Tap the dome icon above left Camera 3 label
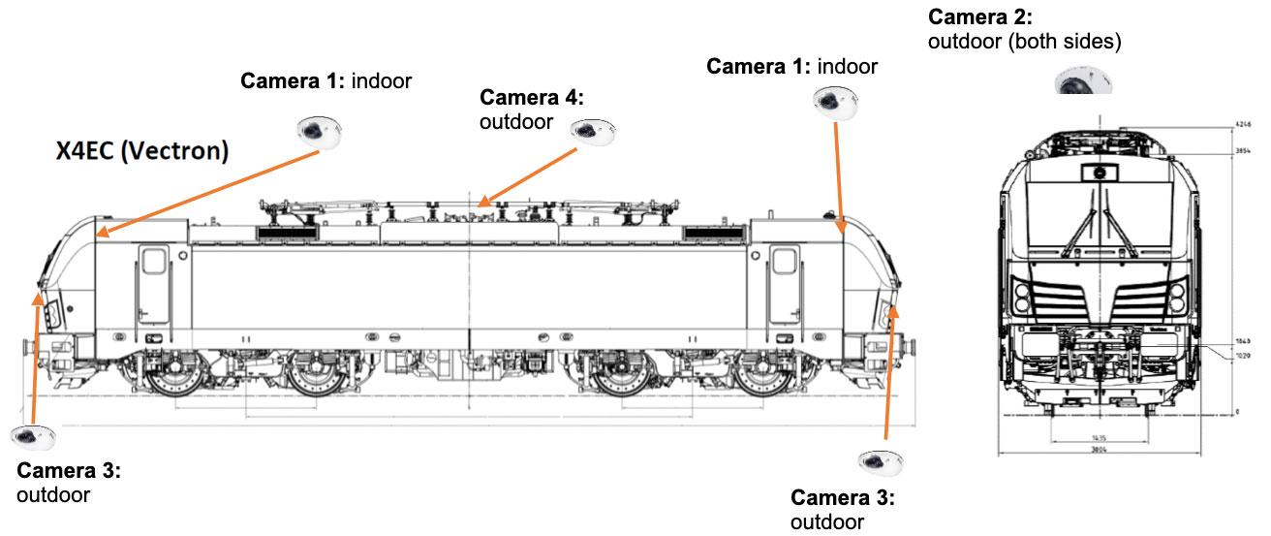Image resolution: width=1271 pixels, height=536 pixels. pos(31,439)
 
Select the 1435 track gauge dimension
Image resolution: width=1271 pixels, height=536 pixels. pos(1099,437)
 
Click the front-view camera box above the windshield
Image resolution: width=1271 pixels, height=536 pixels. pos(1099,173)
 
